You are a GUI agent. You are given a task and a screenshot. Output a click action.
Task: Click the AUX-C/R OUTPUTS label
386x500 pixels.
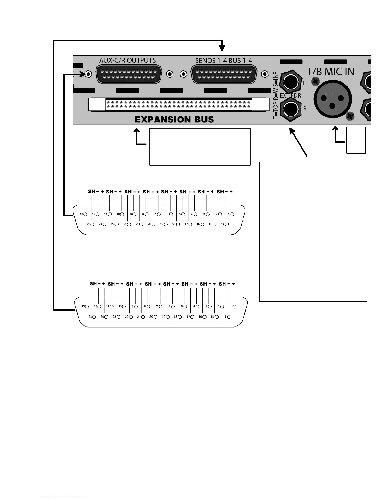127,60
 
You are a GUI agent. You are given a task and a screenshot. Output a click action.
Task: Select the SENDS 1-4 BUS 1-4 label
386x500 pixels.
224,60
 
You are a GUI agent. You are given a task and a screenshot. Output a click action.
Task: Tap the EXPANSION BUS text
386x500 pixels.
174,120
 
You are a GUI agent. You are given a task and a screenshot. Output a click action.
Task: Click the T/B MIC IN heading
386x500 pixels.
330,72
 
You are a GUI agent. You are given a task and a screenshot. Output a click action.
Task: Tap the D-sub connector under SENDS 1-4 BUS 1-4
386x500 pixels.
224,74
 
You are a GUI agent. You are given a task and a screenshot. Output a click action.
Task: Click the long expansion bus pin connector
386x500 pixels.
179,105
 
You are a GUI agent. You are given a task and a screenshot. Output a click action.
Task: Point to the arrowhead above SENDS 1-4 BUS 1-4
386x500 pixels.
222,48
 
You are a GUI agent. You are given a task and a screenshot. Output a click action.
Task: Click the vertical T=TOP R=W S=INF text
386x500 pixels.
276,95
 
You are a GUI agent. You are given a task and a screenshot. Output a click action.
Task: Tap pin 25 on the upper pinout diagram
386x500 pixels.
92,224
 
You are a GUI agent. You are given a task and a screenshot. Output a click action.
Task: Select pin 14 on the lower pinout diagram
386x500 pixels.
229,317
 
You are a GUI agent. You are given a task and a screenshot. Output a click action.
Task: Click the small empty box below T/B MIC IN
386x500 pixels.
356,140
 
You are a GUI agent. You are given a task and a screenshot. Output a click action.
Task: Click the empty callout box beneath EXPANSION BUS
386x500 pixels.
200,147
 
